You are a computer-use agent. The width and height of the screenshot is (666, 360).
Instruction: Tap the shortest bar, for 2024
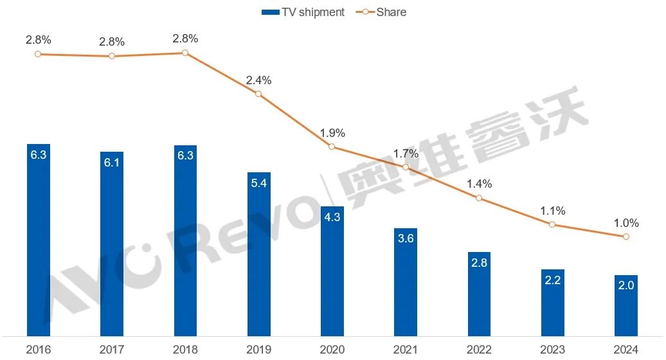(625, 306)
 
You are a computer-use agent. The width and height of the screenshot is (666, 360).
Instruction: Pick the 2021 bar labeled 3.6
(405, 283)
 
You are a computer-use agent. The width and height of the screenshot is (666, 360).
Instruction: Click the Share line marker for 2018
(185, 53)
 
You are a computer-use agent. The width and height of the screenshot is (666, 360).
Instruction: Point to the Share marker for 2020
(332, 147)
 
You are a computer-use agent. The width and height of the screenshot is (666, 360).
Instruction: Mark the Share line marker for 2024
(625, 237)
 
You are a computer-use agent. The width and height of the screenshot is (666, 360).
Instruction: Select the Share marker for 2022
(479, 198)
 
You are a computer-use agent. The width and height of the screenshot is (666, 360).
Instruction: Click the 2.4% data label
(258, 80)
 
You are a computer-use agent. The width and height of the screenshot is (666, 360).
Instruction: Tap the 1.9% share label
(332, 133)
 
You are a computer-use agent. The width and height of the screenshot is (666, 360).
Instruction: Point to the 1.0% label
(626, 223)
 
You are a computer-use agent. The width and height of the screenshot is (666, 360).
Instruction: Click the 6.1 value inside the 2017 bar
(111, 163)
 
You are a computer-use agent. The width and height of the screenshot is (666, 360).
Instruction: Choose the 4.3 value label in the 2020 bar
(332, 217)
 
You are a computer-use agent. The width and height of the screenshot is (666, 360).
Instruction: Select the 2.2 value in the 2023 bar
(552, 281)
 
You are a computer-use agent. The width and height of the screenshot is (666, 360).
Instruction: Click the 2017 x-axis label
(111, 350)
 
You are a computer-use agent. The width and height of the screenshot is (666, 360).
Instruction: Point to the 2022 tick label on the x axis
(479, 350)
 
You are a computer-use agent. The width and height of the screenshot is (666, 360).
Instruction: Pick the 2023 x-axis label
(552, 350)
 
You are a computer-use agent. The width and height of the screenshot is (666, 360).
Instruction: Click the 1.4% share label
(479, 184)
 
